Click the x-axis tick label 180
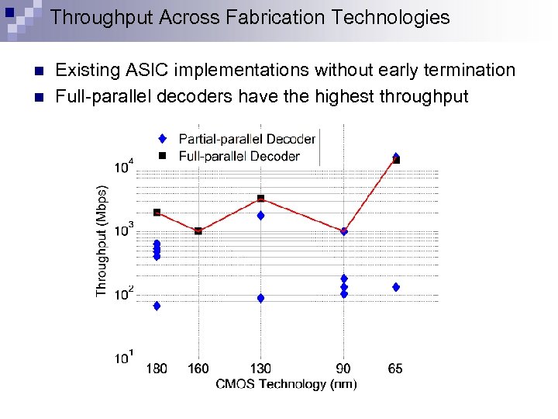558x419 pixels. point(157,369)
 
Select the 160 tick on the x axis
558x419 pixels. point(198,369)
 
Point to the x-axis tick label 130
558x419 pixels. point(261,369)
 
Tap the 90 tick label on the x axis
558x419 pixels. point(344,369)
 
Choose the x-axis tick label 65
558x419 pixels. point(395,369)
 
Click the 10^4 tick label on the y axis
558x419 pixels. point(124,166)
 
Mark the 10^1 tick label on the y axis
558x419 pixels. point(124,357)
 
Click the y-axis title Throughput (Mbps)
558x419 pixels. point(102,239)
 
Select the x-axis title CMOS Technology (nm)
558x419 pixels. point(286,383)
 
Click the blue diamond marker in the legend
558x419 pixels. point(162,139)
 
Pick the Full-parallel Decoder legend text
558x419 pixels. point(239,156)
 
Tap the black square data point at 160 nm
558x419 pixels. point(198,230)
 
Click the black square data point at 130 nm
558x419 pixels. point(261,199)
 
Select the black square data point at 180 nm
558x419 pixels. point(157,212)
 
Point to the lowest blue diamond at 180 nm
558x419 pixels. point(157,306)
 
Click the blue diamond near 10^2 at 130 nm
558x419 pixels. point(261,298)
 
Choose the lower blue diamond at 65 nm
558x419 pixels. point(396,287)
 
